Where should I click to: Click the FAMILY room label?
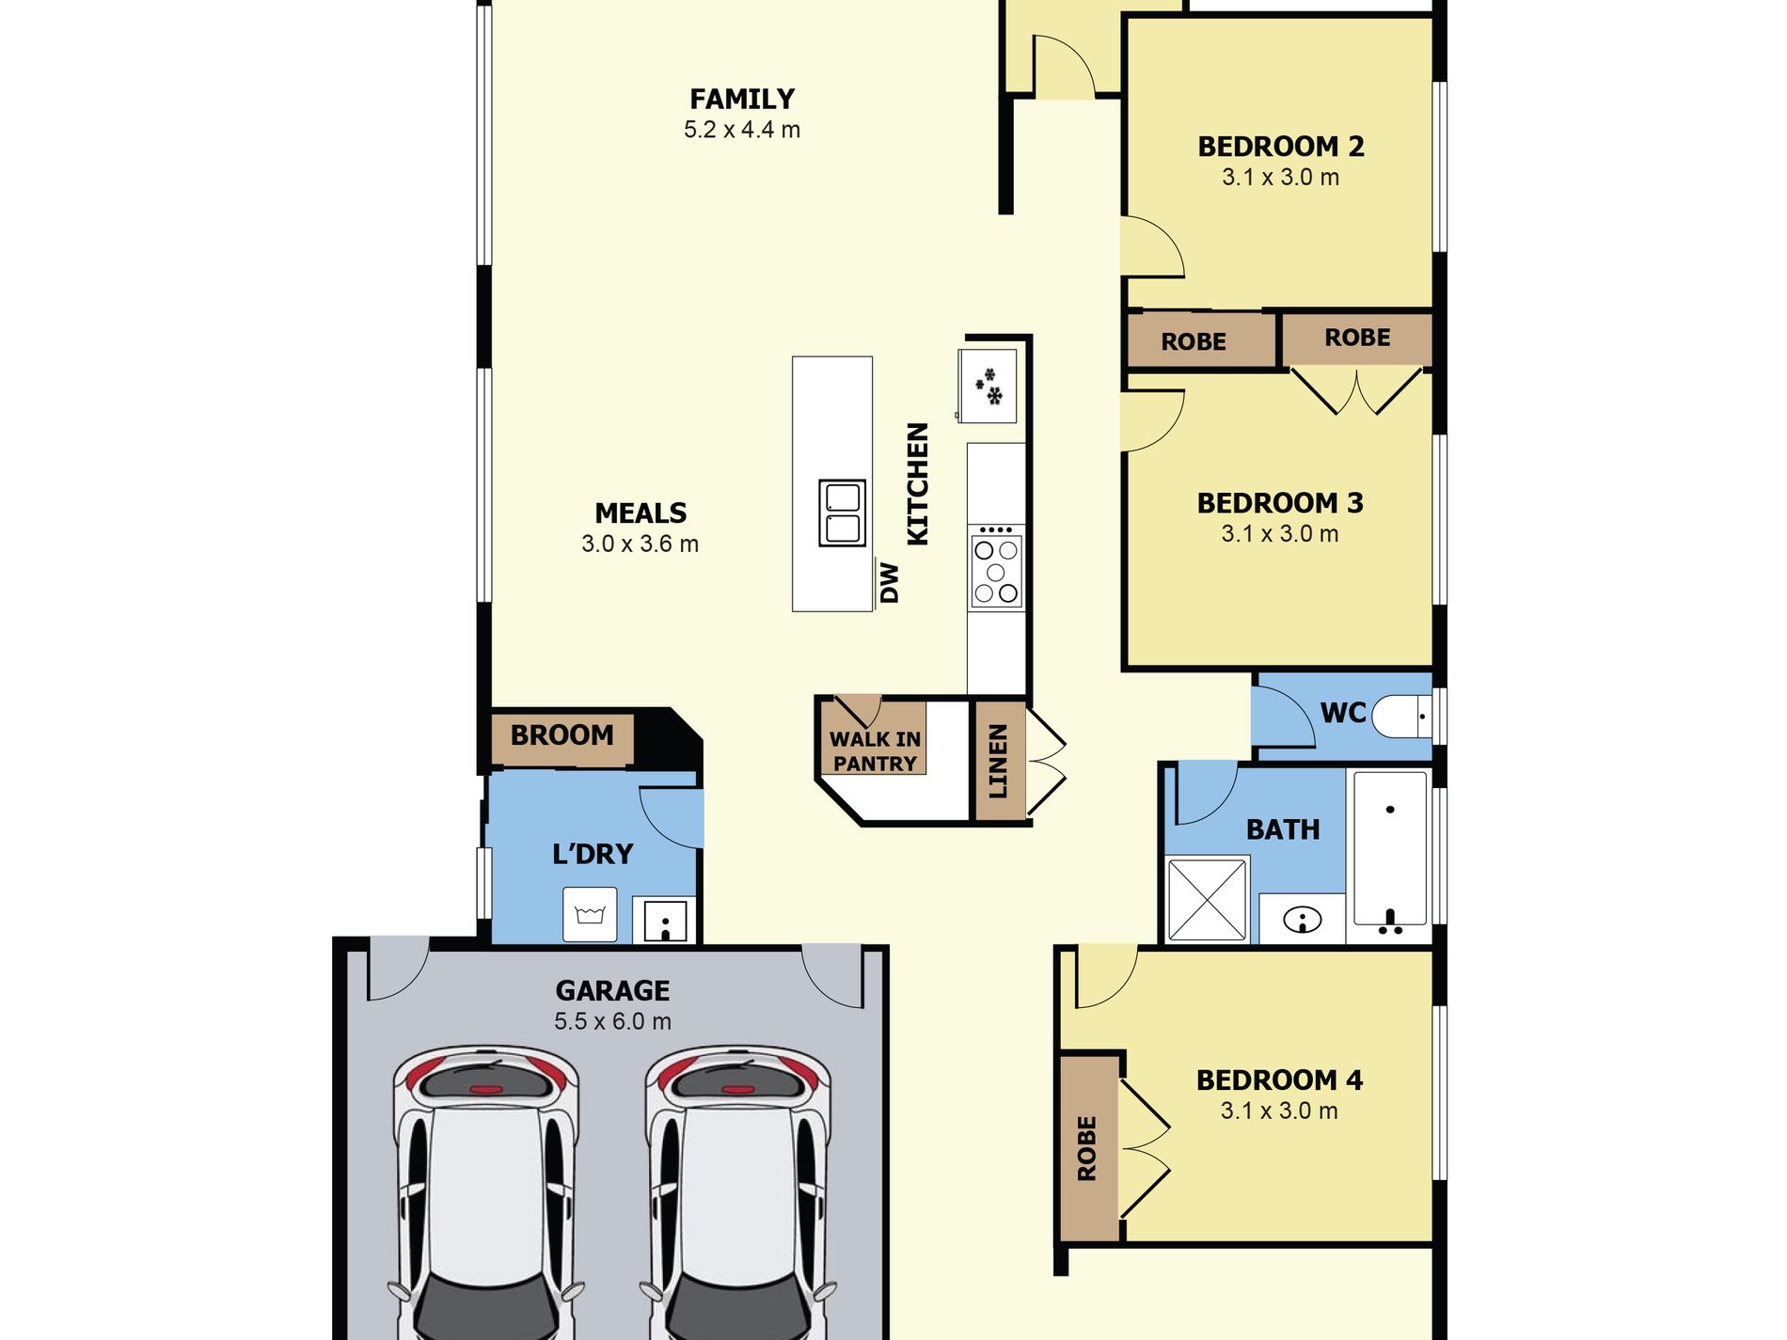(x=742, y=99)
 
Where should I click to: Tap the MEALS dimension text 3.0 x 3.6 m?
(x=640, y=544)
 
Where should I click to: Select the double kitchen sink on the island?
(x=842, y=512)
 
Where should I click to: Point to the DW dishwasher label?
(x=890, y=583)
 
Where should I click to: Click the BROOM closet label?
(x=561, y=734)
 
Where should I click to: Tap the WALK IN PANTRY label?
(x=875, y=751)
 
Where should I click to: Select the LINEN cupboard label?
(x=998, y=761)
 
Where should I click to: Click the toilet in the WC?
(x=1401, y=717)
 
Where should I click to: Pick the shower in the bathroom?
(x=1207, y=899)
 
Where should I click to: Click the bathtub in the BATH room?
(x=1390, y=849)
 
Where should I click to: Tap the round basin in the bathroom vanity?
(x=1303, y=919)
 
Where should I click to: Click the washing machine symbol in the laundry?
(x=590, y=914)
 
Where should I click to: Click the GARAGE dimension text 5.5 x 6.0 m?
(x=612, y=1021)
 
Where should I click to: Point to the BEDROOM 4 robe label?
(x=1086, y=1148)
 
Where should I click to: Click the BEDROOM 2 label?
(x=1280, y=147)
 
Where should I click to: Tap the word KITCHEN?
(x=917, y=483)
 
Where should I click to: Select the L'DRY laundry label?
(x=593, y=854)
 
